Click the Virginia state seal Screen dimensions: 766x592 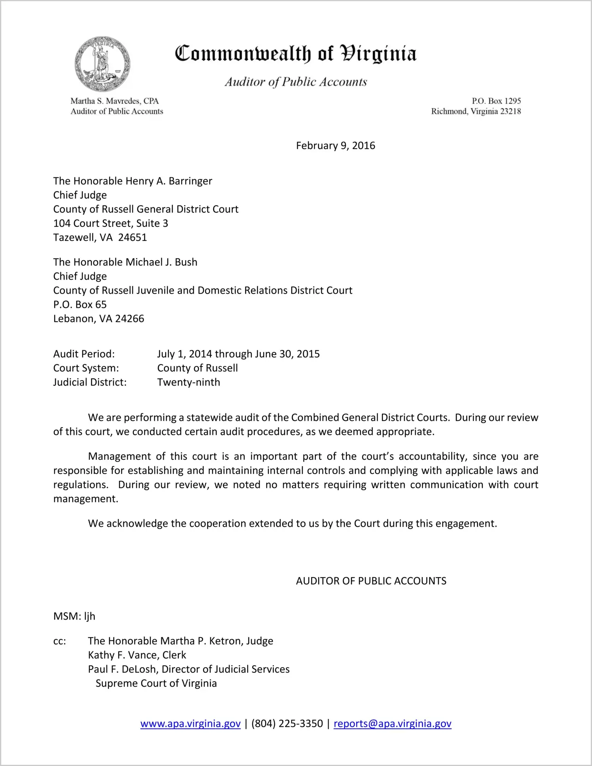[102, 64]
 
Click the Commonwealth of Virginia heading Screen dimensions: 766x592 [296, 54]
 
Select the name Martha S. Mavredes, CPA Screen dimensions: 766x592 [115, 101]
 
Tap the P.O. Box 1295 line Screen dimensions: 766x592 [496, 101]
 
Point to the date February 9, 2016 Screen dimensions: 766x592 [335, 146]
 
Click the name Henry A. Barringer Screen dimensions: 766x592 [169, 181]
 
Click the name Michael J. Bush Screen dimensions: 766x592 [161, 262]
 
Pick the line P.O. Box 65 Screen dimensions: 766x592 [80, 305]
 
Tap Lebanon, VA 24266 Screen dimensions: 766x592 [99, 319]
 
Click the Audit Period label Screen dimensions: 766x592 [84, 354]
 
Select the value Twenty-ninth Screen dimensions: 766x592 [189, 382]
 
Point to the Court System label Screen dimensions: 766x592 [86, 368]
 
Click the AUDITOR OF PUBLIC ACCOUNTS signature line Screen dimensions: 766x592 [371, 581]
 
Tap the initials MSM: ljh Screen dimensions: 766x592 [74, 616]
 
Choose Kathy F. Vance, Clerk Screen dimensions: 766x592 [137, 655]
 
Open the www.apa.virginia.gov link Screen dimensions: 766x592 [191, 724]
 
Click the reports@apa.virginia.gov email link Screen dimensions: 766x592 [392, 724]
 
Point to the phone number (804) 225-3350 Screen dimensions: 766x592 [287, 724]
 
